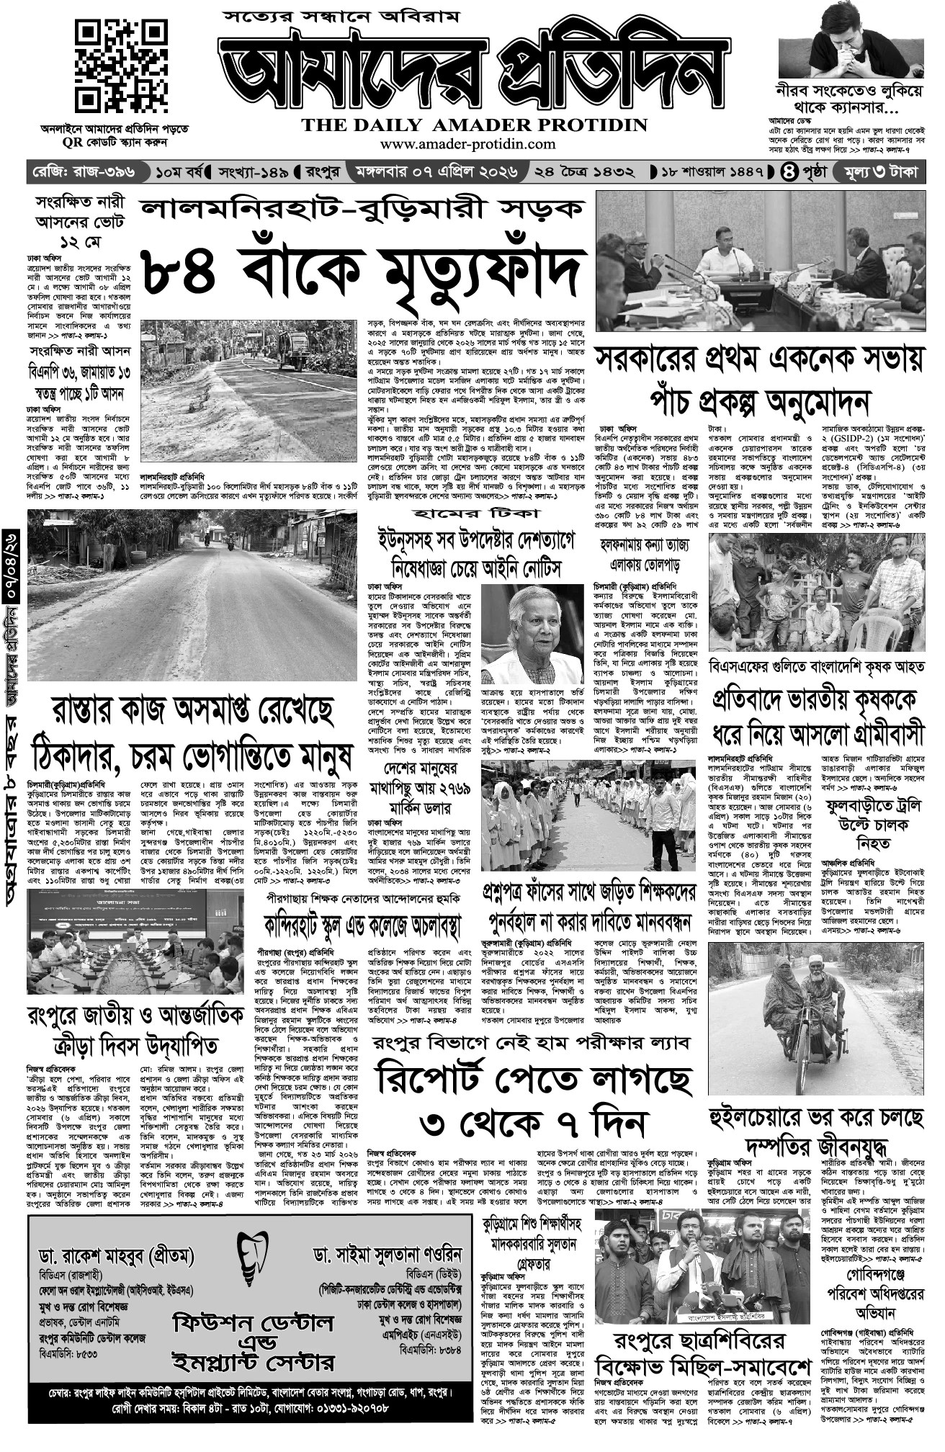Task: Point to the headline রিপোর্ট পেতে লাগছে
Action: [534, 1077]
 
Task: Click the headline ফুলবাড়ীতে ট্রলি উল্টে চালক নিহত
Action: [873, 823]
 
